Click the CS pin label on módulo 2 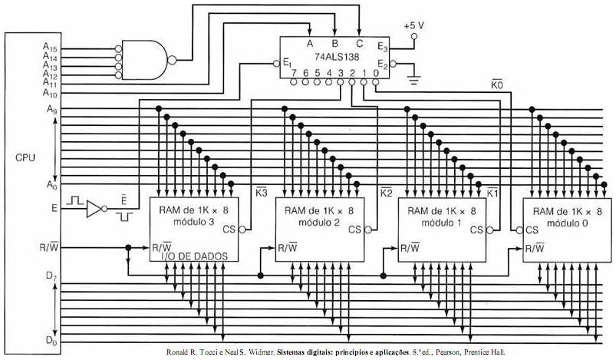coord(354,229)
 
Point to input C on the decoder coord(359,42)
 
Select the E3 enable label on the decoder coord(382,48)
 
